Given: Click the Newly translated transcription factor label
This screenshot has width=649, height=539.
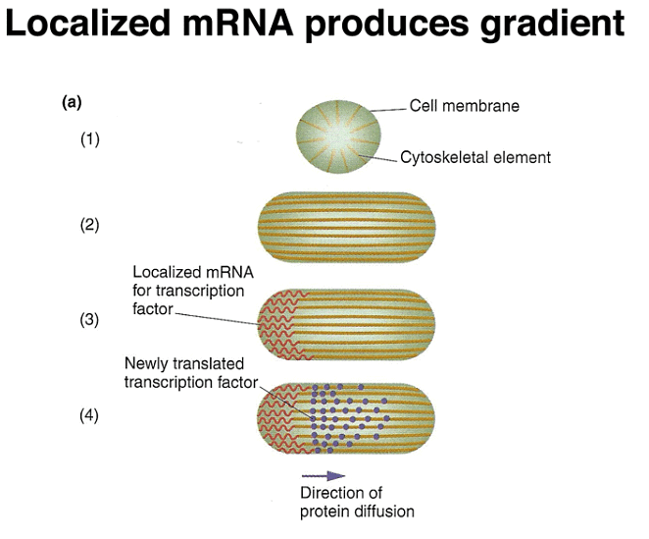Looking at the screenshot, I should pos(187,374).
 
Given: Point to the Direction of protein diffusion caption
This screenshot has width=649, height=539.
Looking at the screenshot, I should pos(357,502).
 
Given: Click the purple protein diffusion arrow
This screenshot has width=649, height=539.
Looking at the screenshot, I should pos(323,476).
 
